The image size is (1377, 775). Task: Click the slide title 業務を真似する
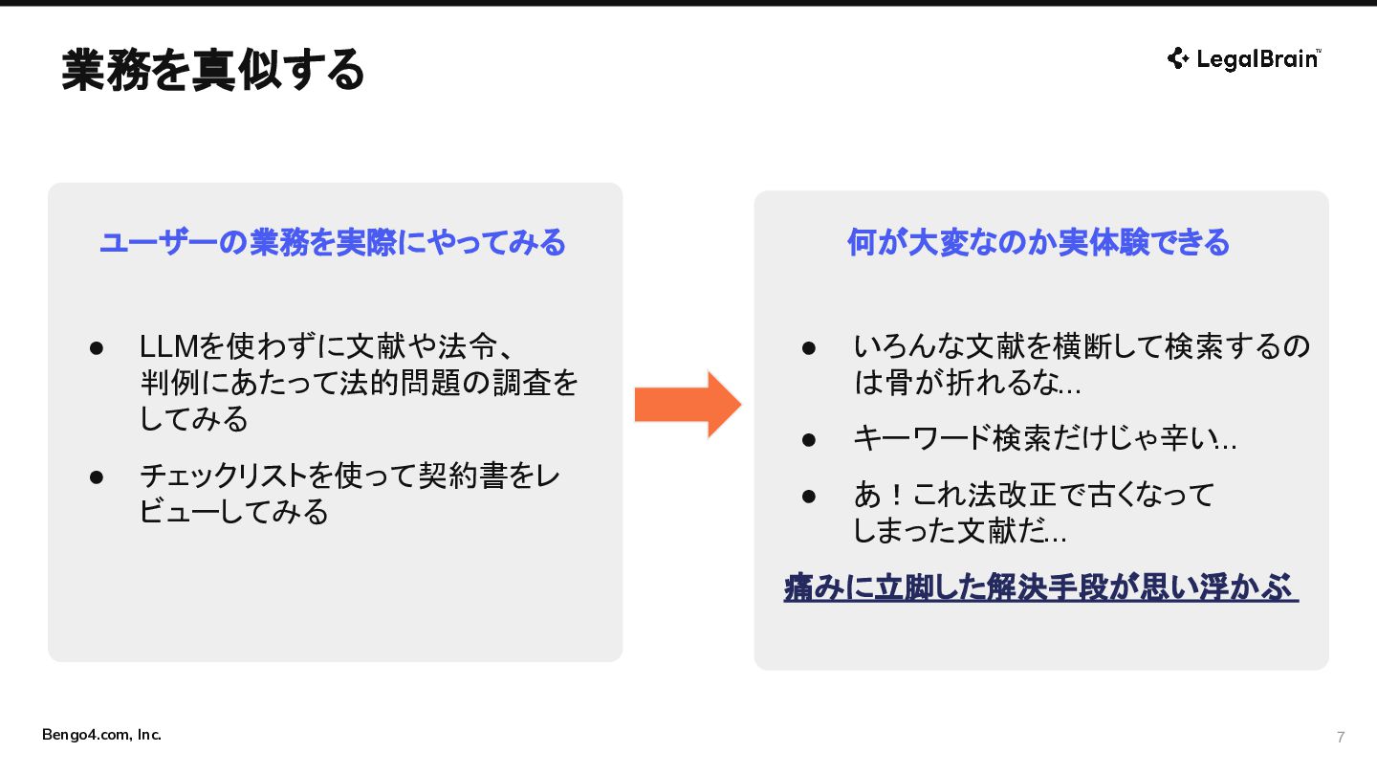click(x=212, y=70)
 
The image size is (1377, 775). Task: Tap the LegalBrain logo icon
click(x=1178, y=58)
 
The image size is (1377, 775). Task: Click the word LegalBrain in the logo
click(x=1257, y=59)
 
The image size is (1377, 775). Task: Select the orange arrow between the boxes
click(x=688, y=405)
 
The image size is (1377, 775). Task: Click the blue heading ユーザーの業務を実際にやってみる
click(x=333, y=242)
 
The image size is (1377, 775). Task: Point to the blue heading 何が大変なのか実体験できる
click(x=1038, y=242)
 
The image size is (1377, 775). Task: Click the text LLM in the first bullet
click(x=169, y=346)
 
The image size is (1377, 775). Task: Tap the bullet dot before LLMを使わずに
click(x=97, y=348)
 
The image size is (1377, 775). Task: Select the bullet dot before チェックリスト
click(x=97, y=477)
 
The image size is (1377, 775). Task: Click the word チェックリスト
click(x=223, y=476)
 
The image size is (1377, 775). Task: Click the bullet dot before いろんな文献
click(x=809, y=348)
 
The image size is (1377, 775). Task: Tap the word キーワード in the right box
click(x=923, y=438)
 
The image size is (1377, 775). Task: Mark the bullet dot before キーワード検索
click(x=809, y=440)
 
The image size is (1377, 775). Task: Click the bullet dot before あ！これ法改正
click(x=809, y=496)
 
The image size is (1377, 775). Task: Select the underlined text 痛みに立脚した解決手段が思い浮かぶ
click(x=1040, y=587)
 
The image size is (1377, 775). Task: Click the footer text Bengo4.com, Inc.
click(x=101, y=735)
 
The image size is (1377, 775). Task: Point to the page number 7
click(x=1341, y=737)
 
